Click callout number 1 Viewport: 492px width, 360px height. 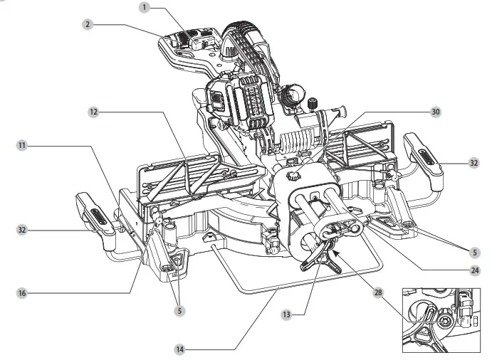point(145,7)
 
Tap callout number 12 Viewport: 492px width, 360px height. point(93,112)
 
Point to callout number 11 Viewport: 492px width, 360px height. point(22,144)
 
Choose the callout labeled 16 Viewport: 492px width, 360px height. point(22,292)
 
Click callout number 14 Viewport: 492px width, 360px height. point(182,349)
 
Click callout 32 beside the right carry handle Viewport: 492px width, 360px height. point(473,162)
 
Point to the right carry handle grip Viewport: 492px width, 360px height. point(423,152)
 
